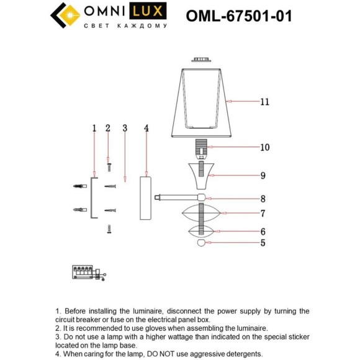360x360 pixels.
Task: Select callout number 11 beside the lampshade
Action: [x=265, y=102]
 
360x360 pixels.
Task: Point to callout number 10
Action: [x=265, y=148]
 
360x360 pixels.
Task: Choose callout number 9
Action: [x=263, y=176]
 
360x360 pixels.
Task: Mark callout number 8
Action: [x=263, y=199]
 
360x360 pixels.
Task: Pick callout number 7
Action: [x=263, y=214]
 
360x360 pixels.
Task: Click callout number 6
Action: [x=263, y=230]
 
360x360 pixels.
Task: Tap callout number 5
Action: [x=263, y=243]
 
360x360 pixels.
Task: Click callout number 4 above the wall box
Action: [x=146, y=128]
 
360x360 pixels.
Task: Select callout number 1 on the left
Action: [x=94, y=128]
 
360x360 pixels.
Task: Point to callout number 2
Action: [x=108, y=128]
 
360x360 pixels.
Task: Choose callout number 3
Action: [x=125, y=128]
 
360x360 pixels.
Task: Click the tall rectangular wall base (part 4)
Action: [x=146, y=197]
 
